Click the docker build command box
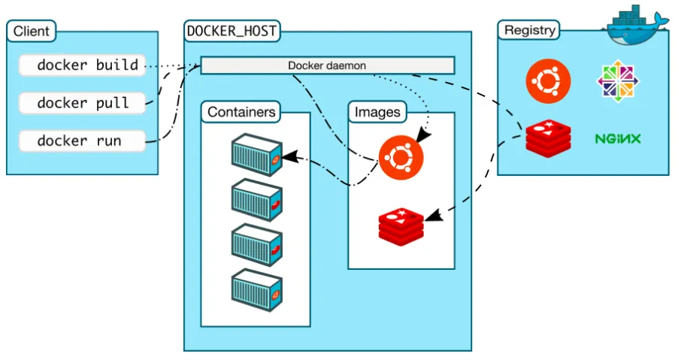81,65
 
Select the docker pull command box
81,103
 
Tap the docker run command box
81,141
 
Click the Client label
32,32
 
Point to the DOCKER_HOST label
231,32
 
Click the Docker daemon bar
327,65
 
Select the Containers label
241,113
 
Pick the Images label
377,113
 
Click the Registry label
530,31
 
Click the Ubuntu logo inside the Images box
401,158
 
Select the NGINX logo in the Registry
618,139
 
